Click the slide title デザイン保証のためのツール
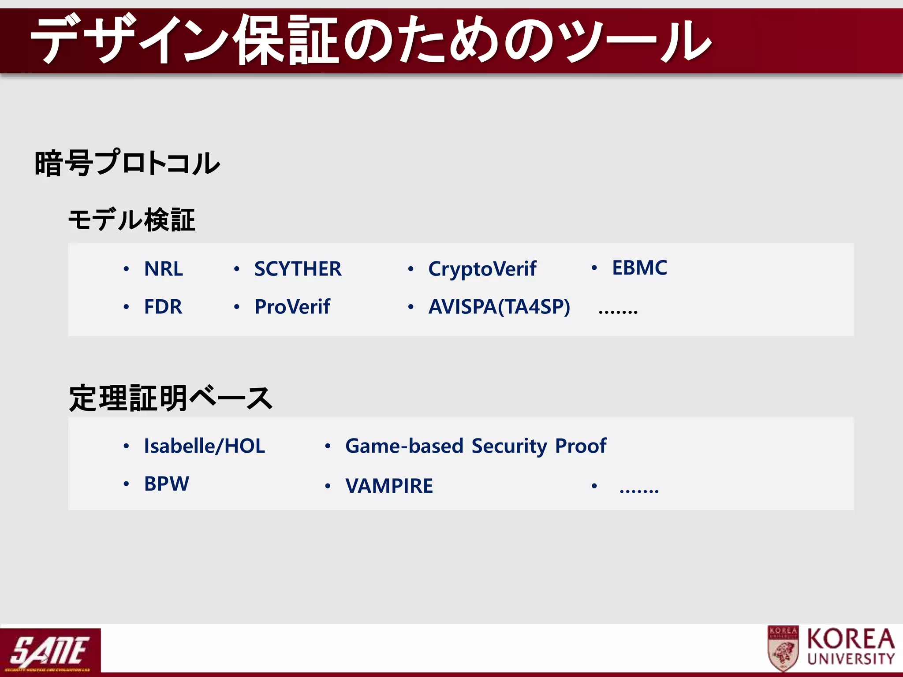pyautogui.click(x=370, y=41)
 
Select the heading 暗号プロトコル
pyautogui.click(x=127, y=163)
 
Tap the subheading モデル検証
pyautogui.click(x=131, y=219)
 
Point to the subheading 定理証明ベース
pyautogui.click(x=170, y=398)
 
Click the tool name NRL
pyautogui.click(x=164, y=269)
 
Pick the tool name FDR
pyautogui.click(x=163, y=307)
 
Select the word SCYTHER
pyautogui.click(x=298, y=269)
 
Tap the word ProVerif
pyautogui.click(x=292, y=307)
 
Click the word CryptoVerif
pyautogui.click(x=482, y=269)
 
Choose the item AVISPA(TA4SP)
pyautogui.click(x=499, y=307)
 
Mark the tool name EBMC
pyautogui.click(x=639, y=268)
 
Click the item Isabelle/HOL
pyautogui.click(x=205, y=446)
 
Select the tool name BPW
pyautogui.click(x=167, y=484)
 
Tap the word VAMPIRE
pyautogui.click(x=389, y=486)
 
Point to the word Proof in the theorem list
pyautogui.click(x=581, y=446)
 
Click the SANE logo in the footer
pyautogui.click(x=50, y=651)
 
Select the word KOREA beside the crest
pyautogui.click(x=851, y=639)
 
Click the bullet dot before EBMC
pyautogui.click(x=594, y=268)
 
